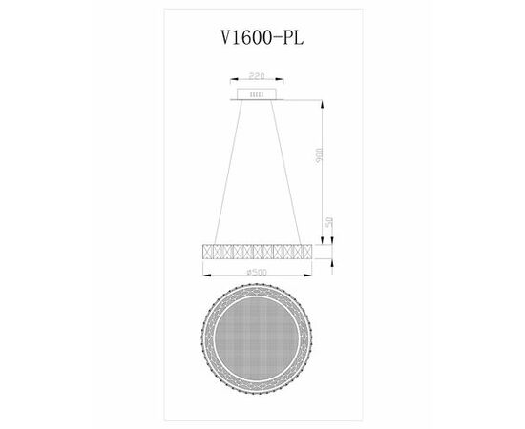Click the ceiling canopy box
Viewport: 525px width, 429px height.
click(255, 94)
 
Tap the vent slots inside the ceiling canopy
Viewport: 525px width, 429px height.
click(255, 94)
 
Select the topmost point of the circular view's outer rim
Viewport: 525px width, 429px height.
click(255, 292)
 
